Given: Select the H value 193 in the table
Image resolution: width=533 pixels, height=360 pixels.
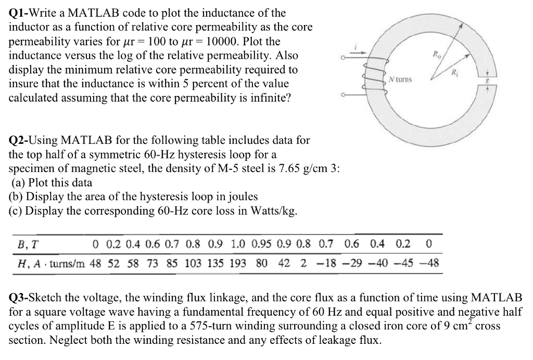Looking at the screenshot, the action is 238,263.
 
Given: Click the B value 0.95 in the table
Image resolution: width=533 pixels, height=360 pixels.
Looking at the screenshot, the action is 261,244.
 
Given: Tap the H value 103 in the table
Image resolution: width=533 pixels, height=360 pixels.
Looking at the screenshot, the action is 194,263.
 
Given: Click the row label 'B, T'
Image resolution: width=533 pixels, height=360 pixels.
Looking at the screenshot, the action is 24,244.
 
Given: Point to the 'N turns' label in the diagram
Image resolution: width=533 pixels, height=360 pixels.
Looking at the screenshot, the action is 400,79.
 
